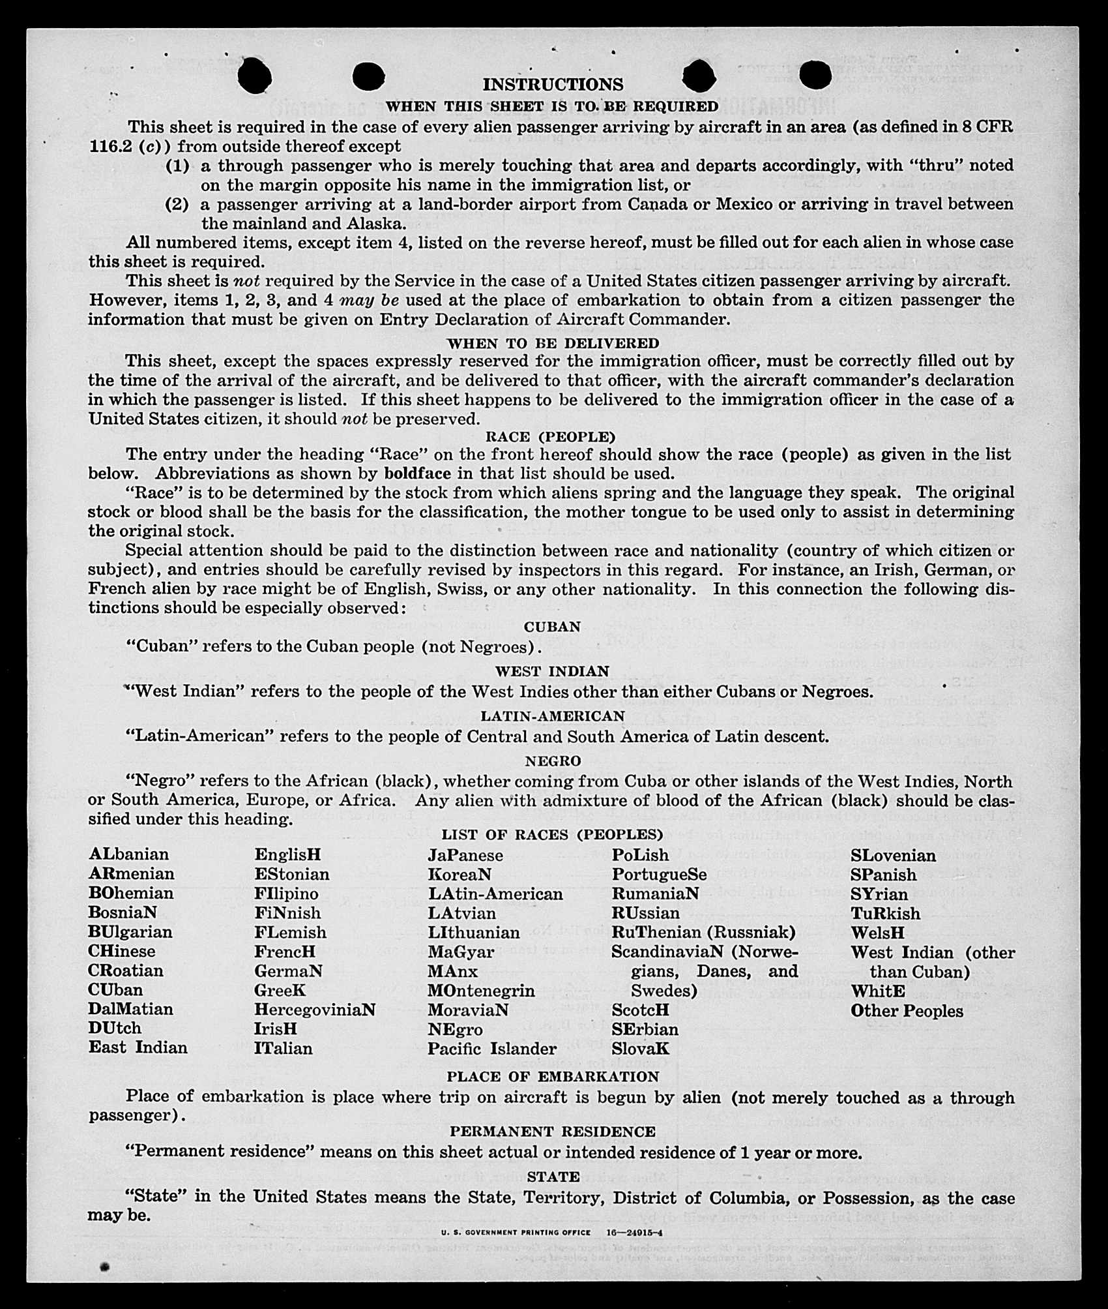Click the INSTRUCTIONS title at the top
click(x=553, y=85)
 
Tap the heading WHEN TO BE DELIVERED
click(x=553, y=343)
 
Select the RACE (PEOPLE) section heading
click(x=551, y=436)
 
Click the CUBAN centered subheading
click(x=552, y=627)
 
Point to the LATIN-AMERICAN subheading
click(x=553, y=716)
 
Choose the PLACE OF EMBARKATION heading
click(x=553, y=1077)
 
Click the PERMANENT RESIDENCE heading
click(x=553, y=1132)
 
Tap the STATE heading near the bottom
click(x=553, y=1177)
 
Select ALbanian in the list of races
click(x=128, y=854)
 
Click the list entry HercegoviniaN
click(x=315, y=1010)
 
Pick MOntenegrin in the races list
click(x=481, y=991)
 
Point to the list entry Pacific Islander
click(x=492, y=1049)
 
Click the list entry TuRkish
click(x=885, y=913)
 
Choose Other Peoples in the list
click(x=907, y=1011)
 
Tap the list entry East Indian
click(x=138, y=1047)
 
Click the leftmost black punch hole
click(x=254, y=76)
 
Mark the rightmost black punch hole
click(x=815, y=75)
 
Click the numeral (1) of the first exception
click(x=177, y=166)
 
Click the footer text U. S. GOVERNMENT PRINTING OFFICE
click(x=516, y=1233)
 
